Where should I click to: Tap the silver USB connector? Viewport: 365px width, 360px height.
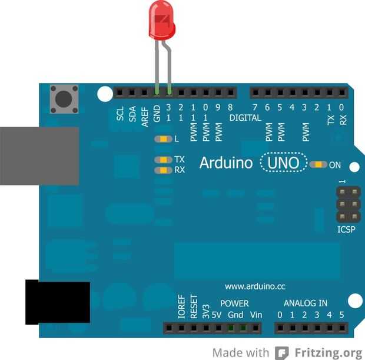pyautogui.click(x=39, y=156)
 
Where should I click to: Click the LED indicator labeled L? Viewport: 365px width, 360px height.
pyautogui.click(x=161, y=139)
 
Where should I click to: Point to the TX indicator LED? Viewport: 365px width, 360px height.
pyautogui.click(x=161, y=160)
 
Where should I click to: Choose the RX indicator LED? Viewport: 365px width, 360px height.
pyautogui.click(x=161, y=170)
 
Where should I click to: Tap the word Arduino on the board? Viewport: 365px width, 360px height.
pyautogui.click(x=225, y=163)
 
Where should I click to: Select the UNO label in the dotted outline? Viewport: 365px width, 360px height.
pyautogui.click(x=284, y=163)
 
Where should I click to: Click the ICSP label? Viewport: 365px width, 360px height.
pyautogui.click(x=346, y=229)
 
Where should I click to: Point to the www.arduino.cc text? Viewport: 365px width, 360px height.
pyautogui.click(x=255, y=286)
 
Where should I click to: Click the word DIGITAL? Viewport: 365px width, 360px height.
pyautogui.click(x=245, y=118)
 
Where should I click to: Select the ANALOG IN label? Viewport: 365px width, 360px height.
pyautogui.click(x=306, y=303)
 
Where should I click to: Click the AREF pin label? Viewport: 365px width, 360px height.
pyautogui.click(x=144, y=114)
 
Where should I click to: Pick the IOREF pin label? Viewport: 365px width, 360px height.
pyautogui.click(x=181, y=307)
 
